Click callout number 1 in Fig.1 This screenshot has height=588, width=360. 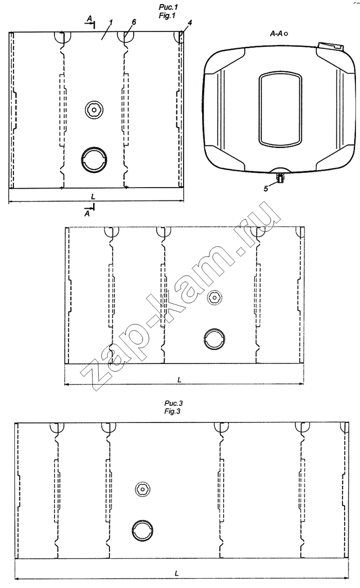pos(110,23)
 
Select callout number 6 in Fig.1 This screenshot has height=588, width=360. pos(134,22)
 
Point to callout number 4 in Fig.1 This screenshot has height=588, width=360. pos(190,23)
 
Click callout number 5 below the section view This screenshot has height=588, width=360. pos(266,189)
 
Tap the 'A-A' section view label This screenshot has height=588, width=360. pos(276,34)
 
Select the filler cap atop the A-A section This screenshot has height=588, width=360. pos(330,47)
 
